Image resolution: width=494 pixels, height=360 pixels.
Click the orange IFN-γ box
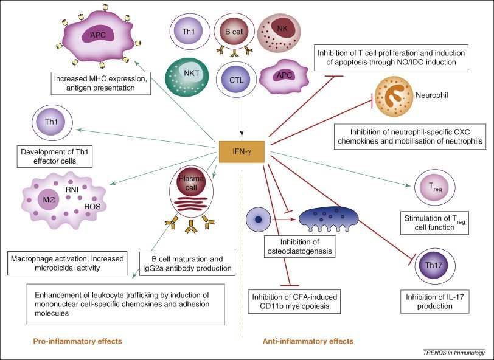tap(242, 152)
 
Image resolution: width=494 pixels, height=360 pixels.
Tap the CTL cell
tap(236, 80)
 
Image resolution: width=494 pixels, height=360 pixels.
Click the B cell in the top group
tap(234, 32)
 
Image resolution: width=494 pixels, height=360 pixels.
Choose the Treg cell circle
tap(435, 187)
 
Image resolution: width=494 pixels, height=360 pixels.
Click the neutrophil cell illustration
tap(394, 96)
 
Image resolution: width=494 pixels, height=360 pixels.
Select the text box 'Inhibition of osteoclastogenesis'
tap(299, 246)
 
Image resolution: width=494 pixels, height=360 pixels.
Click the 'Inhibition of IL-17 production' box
tap(434, 302)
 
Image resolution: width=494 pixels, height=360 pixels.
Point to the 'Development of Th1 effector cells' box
tap(55, 156)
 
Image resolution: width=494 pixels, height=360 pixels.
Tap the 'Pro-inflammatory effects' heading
tap(77, 341)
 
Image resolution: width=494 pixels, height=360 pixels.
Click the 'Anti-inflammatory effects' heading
tap(308, 341)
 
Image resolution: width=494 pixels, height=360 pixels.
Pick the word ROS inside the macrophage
tap(92, 207)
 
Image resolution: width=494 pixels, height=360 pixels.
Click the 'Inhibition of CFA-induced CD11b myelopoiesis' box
tap(294, 302)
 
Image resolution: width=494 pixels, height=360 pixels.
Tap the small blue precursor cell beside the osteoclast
tap(259, 220)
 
